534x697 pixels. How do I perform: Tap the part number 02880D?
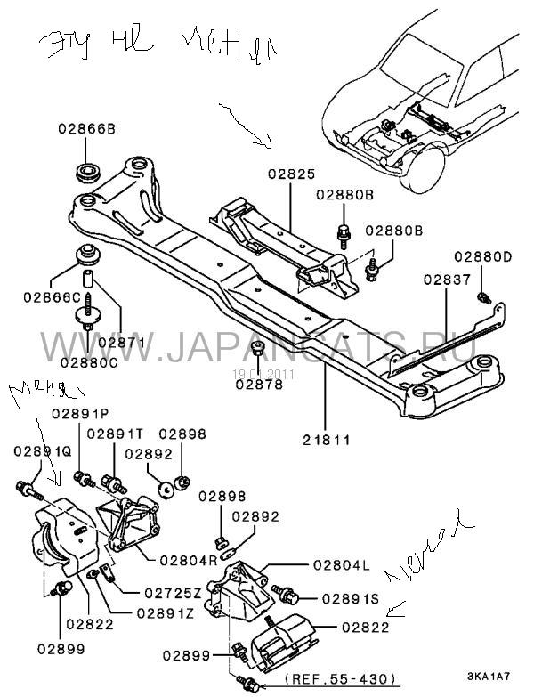click(x=483, y=258)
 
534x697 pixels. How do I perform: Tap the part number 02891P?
click(x=78, y=414)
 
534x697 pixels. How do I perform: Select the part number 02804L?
click(x=338, y=564)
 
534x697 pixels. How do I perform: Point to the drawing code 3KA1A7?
click(x=488, y=682)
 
